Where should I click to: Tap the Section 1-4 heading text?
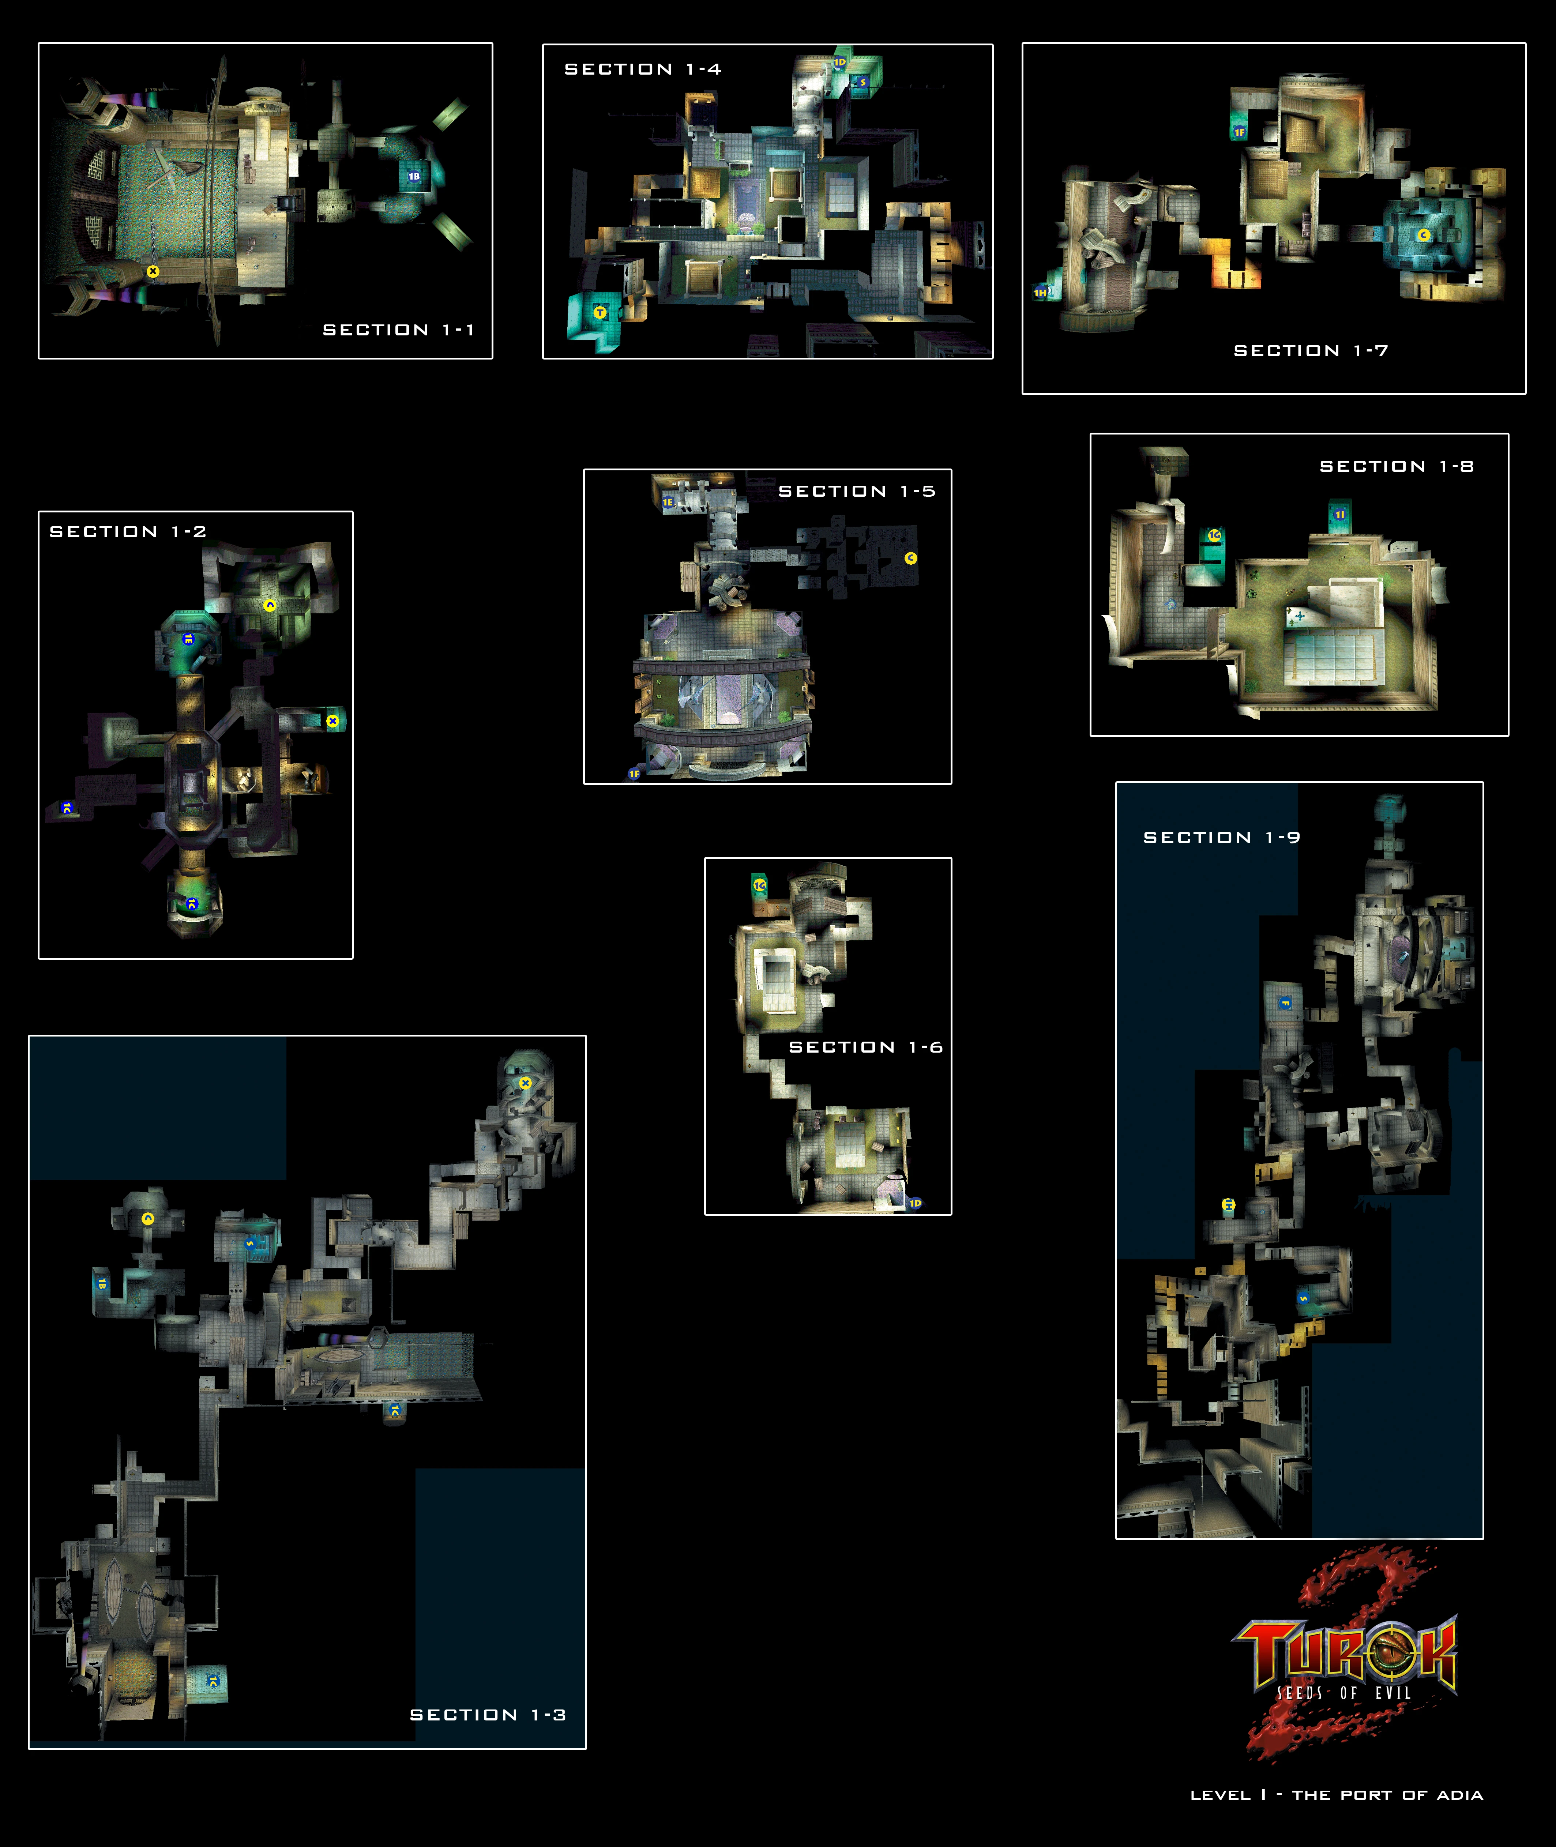[642, 69]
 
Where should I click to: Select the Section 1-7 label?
[1311, 351]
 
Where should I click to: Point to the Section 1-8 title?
[1397, 467]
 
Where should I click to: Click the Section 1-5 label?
[857, 491]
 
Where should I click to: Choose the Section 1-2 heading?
[128, 532]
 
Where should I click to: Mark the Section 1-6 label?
[865, 1047]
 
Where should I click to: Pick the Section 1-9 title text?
[1222, 837]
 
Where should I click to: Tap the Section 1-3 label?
[488, 1715]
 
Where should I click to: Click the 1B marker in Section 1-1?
[414, 176]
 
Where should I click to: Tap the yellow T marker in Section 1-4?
[600, 312]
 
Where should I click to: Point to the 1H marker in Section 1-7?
[1041, 292]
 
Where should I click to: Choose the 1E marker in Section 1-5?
[668, 502]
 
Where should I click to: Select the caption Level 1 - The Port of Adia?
[1337, 1795]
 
